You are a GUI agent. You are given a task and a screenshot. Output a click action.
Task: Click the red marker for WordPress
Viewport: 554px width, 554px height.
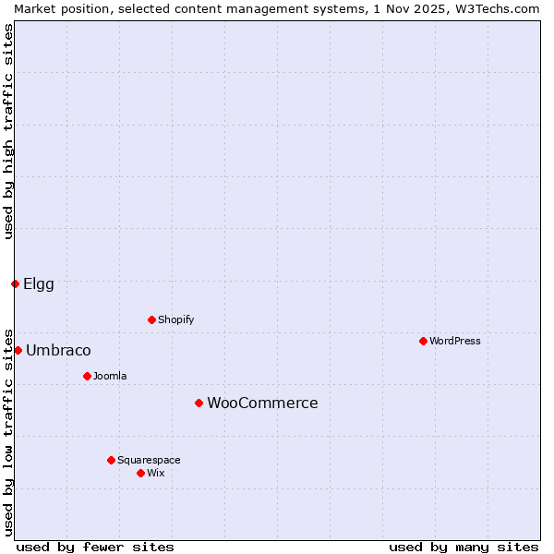423,341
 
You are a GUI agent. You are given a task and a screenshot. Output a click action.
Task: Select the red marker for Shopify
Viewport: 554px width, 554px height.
151,319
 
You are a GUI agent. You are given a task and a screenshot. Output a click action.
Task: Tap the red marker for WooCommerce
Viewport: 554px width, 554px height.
199,403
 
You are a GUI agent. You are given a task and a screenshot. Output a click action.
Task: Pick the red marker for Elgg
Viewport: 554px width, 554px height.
15,283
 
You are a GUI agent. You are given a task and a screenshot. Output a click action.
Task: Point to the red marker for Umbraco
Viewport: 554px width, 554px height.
18,350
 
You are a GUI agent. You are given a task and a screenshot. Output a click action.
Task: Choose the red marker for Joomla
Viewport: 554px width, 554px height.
87,376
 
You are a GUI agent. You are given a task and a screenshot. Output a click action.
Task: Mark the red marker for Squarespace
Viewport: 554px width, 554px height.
111,460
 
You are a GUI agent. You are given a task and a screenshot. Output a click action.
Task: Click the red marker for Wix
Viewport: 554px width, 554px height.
140,473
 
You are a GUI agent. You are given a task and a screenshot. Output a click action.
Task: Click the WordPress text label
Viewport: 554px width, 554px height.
455,341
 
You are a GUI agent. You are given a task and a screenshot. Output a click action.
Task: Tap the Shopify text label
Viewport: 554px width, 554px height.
175,319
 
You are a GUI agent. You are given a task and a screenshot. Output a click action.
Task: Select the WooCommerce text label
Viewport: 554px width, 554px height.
262,403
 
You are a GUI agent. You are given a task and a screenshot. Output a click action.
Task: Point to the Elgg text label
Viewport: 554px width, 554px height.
39,283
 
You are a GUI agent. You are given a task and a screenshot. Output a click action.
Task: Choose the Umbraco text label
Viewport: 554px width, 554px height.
58,350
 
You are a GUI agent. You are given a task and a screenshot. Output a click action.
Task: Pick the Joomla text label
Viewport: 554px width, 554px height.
110,376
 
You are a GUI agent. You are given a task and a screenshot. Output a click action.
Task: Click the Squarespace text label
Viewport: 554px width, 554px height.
149,460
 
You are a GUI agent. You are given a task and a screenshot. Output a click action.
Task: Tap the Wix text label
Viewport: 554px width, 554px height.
155,473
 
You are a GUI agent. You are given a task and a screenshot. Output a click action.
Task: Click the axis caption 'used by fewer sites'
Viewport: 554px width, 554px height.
95,547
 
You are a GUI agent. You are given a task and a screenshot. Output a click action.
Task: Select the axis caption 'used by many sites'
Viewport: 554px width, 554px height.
464,547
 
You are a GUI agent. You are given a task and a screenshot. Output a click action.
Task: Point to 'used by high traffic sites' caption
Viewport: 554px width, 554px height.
8,131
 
